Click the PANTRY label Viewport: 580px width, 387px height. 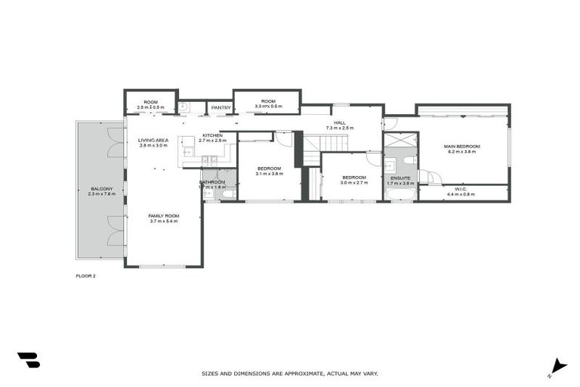point(221,108)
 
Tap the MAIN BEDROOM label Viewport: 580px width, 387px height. point(461,147)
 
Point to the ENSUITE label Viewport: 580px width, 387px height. point(400,178)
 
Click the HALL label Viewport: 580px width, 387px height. point(340,122)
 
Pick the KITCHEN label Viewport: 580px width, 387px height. point(212,135)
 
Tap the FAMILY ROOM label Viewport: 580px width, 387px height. point(163,216)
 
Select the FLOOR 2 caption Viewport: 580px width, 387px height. point(86,276)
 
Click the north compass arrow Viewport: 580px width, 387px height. point(558,365)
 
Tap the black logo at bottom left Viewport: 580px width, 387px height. point(28,361)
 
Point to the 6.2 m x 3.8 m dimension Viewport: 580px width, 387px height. point(461,152)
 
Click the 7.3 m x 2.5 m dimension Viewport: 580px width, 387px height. point(340,128)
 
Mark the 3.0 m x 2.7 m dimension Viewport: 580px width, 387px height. point(353,183)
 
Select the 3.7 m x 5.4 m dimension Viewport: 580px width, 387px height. point(163,221)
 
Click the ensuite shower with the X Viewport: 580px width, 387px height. point(400,139)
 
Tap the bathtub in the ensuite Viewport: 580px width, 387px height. point(400,193)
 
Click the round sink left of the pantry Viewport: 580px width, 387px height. point(182,107)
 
